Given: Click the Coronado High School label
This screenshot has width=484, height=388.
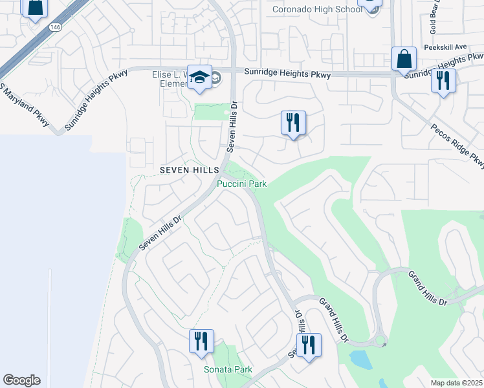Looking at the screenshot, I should click(x=318, y=9).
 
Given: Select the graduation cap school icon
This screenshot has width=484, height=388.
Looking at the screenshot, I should click(x=199, y=77).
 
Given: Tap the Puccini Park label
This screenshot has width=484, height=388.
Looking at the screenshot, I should click(x=241, y=184).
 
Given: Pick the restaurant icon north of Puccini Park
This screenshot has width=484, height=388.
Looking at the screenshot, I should click(x=293, y=122).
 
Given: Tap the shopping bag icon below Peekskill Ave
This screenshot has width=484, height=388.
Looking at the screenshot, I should click(x=404, y=59).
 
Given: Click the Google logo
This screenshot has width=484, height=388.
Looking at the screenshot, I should click(x=21, y=380).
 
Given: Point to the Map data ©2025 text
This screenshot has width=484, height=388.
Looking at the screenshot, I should click(x=456, y=383).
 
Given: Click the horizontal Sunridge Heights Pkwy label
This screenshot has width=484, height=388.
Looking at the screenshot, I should click(x=287, y=75).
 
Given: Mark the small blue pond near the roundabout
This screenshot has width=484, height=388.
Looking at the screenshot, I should click(x=357, y=358).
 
